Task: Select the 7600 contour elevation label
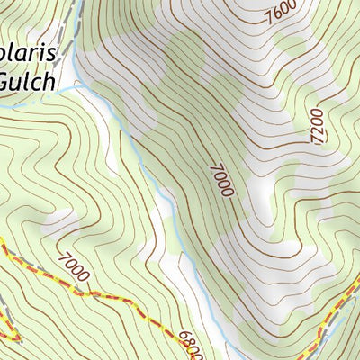pyautogui.click(x=280, y=13)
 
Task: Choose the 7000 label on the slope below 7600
pyautogui.click(x=223, y=180)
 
